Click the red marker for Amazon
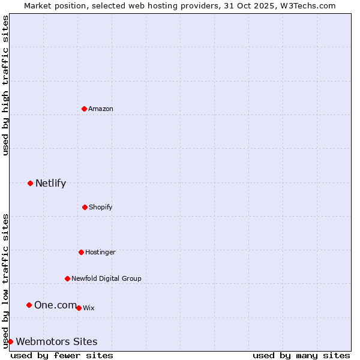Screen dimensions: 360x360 click(84, 109)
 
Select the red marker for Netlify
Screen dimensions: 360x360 click(30, 183)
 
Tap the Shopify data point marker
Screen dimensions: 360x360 click(85, 207)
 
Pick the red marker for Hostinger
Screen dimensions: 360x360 click(81, 252)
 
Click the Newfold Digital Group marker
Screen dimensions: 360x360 click(67, 278)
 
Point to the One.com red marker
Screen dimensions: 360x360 click(29, 305)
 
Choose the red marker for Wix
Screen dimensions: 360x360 click(79, 308)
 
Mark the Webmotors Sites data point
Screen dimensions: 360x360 click(10, 341)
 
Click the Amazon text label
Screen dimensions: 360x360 click(101, 109)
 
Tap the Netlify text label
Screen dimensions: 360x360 click(50, 184)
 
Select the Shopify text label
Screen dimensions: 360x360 click(101, 208)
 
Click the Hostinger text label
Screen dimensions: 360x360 click(100, 253)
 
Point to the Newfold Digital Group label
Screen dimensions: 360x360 click(106, 278)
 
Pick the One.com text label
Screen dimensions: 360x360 click(55, 305)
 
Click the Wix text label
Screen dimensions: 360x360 click(89, 308)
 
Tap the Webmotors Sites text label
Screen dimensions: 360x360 click(56, 342)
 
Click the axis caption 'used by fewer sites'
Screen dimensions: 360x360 click(62, 355)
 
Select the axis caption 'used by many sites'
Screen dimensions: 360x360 click(301, 355)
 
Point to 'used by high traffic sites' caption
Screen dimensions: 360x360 click(5, 85)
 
